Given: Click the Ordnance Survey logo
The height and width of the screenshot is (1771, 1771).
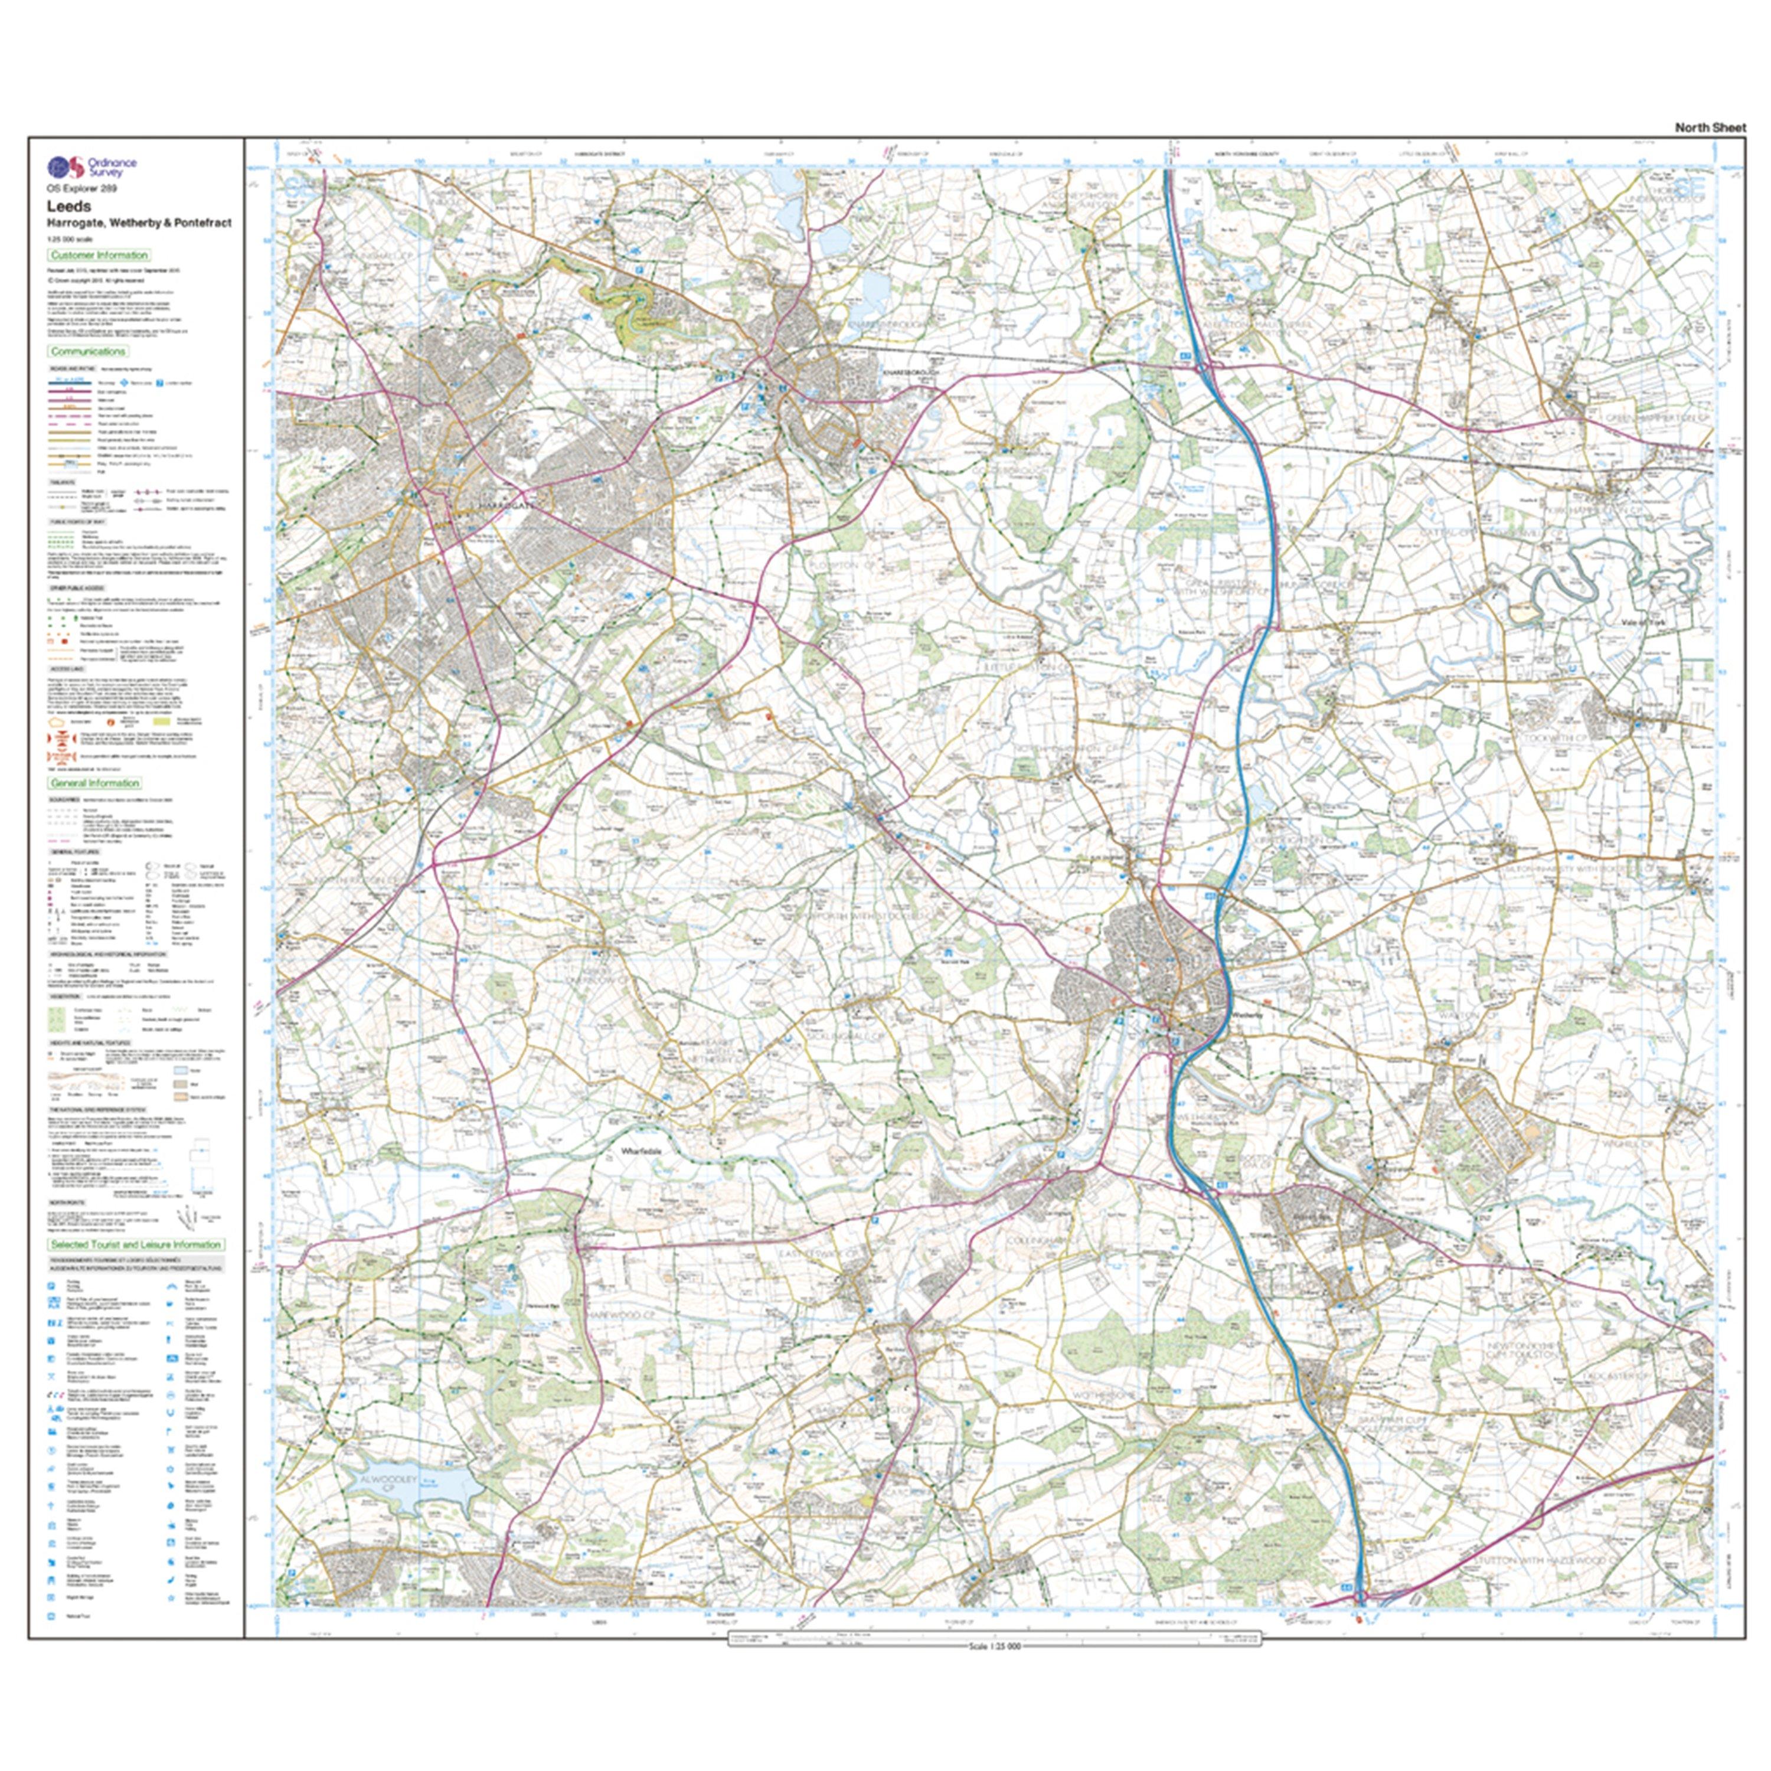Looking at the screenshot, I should (x=92, y=167).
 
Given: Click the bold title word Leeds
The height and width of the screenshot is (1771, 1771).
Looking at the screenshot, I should (x=68, y=206).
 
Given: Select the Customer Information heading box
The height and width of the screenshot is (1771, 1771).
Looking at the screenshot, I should (x=99, y=255).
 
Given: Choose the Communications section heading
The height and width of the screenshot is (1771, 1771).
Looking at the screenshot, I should (x=88, y=351).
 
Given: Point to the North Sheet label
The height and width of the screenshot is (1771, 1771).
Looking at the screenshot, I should (x=1710, y=128).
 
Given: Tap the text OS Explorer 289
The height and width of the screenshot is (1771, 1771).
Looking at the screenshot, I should (x=81, y=188).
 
